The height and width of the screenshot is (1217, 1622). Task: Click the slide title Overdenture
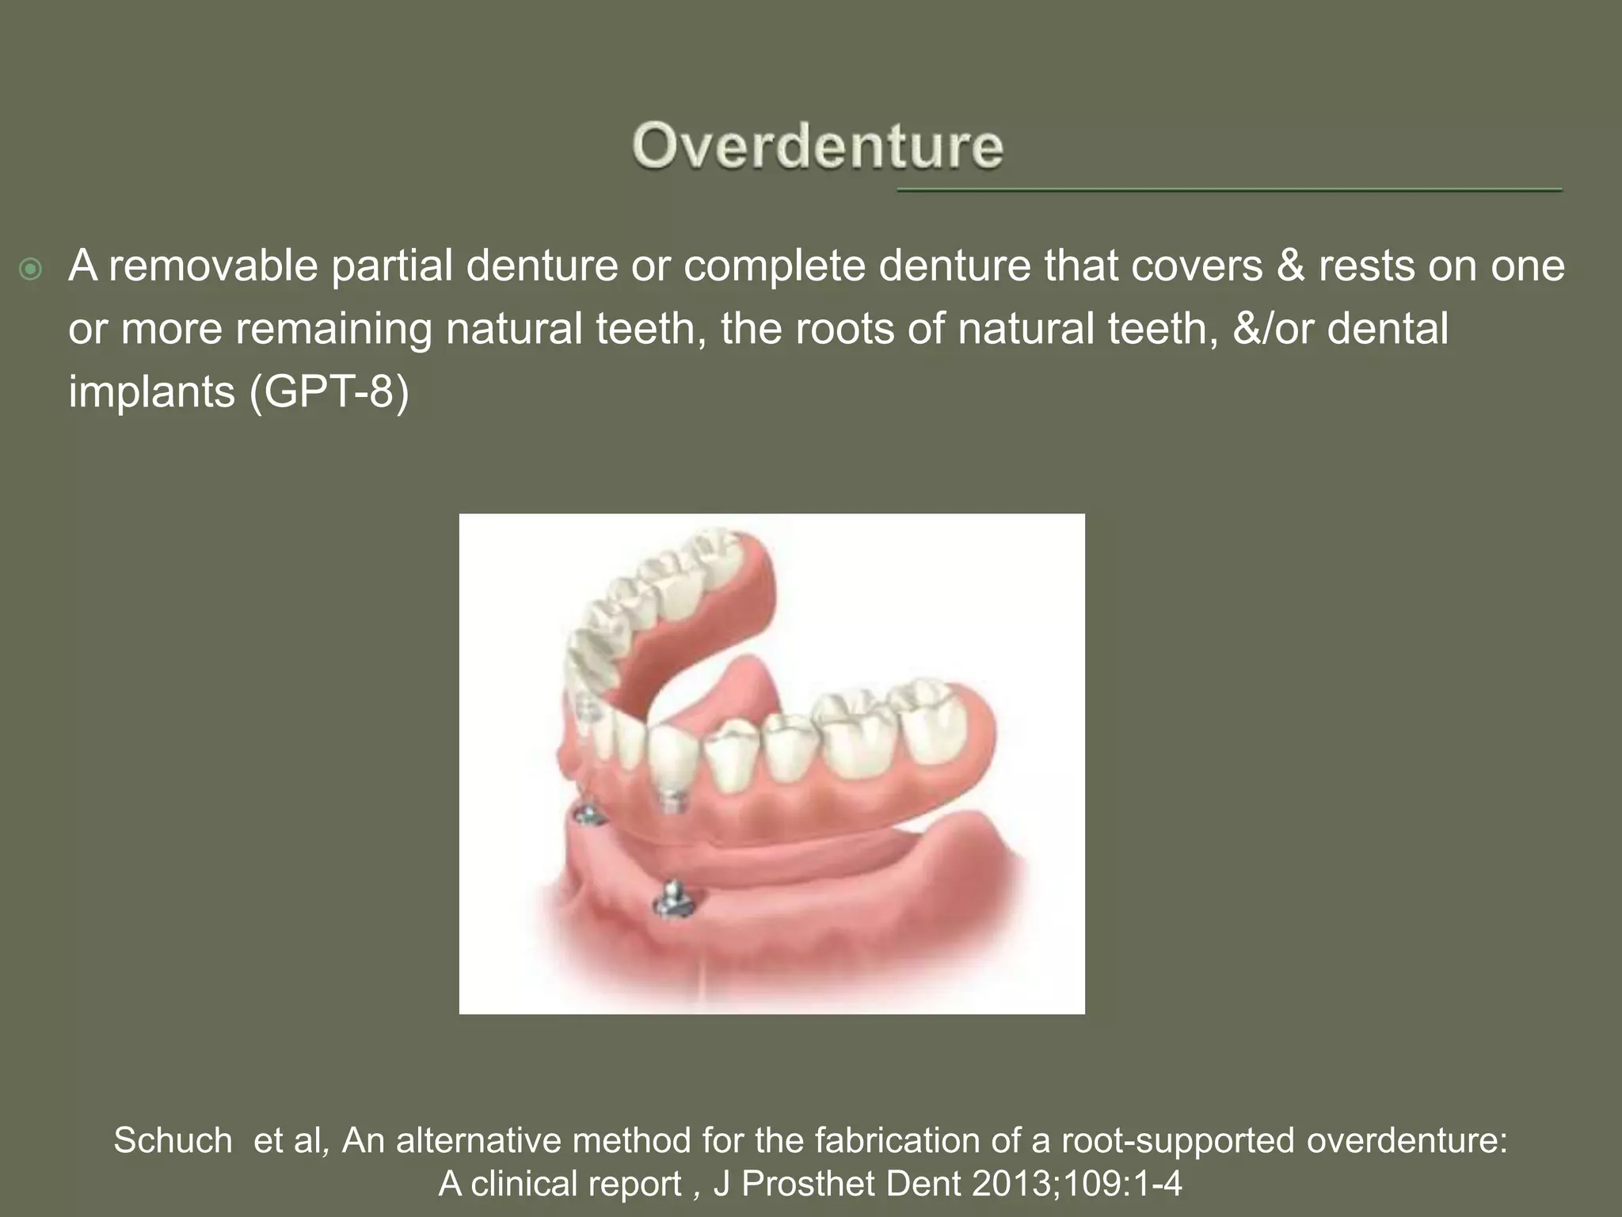click(817, 147)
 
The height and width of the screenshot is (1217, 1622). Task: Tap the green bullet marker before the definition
click(31, 270)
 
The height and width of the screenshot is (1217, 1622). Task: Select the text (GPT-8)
click(329, 391)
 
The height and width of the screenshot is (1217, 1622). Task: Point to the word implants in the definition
click(151, 391)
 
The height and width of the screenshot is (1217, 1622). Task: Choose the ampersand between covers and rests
click(1290, 266)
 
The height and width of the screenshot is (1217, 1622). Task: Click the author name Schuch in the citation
click(173, 1141)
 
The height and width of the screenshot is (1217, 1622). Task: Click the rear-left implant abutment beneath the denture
click(588, 814)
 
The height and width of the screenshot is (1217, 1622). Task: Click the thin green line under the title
click(1228, 190)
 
